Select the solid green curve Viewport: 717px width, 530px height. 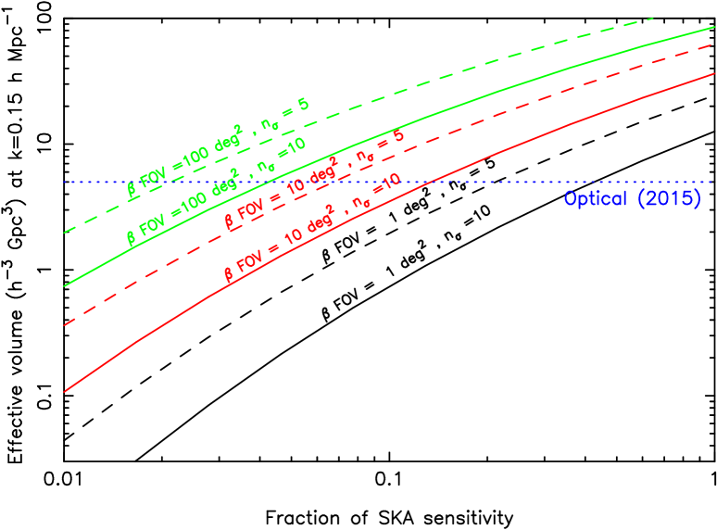click(x=519, y=84)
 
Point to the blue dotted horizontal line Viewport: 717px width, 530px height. click(x=482, y=182)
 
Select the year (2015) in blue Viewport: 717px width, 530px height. click(x=670, y=198)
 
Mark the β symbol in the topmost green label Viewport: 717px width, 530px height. click(x=132, y=190)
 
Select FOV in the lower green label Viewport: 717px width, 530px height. click(x=153, y=223)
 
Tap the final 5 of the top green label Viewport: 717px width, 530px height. click(x=304, y=104)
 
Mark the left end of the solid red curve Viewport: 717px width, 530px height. click(x=64, y=392)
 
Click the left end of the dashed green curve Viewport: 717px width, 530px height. click(x=63, y=233)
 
